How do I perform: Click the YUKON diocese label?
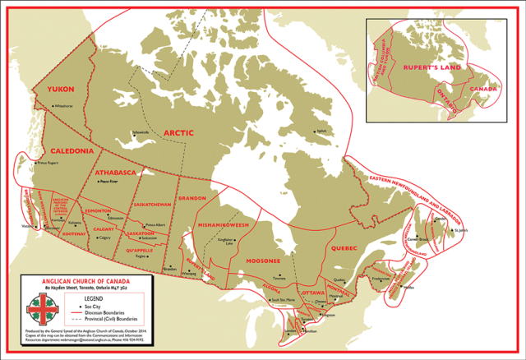click(59, 89)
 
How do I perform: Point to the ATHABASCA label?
click(118, 174)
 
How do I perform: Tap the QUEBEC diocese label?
click(346, 246)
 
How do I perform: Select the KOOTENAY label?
click(74, 234)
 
